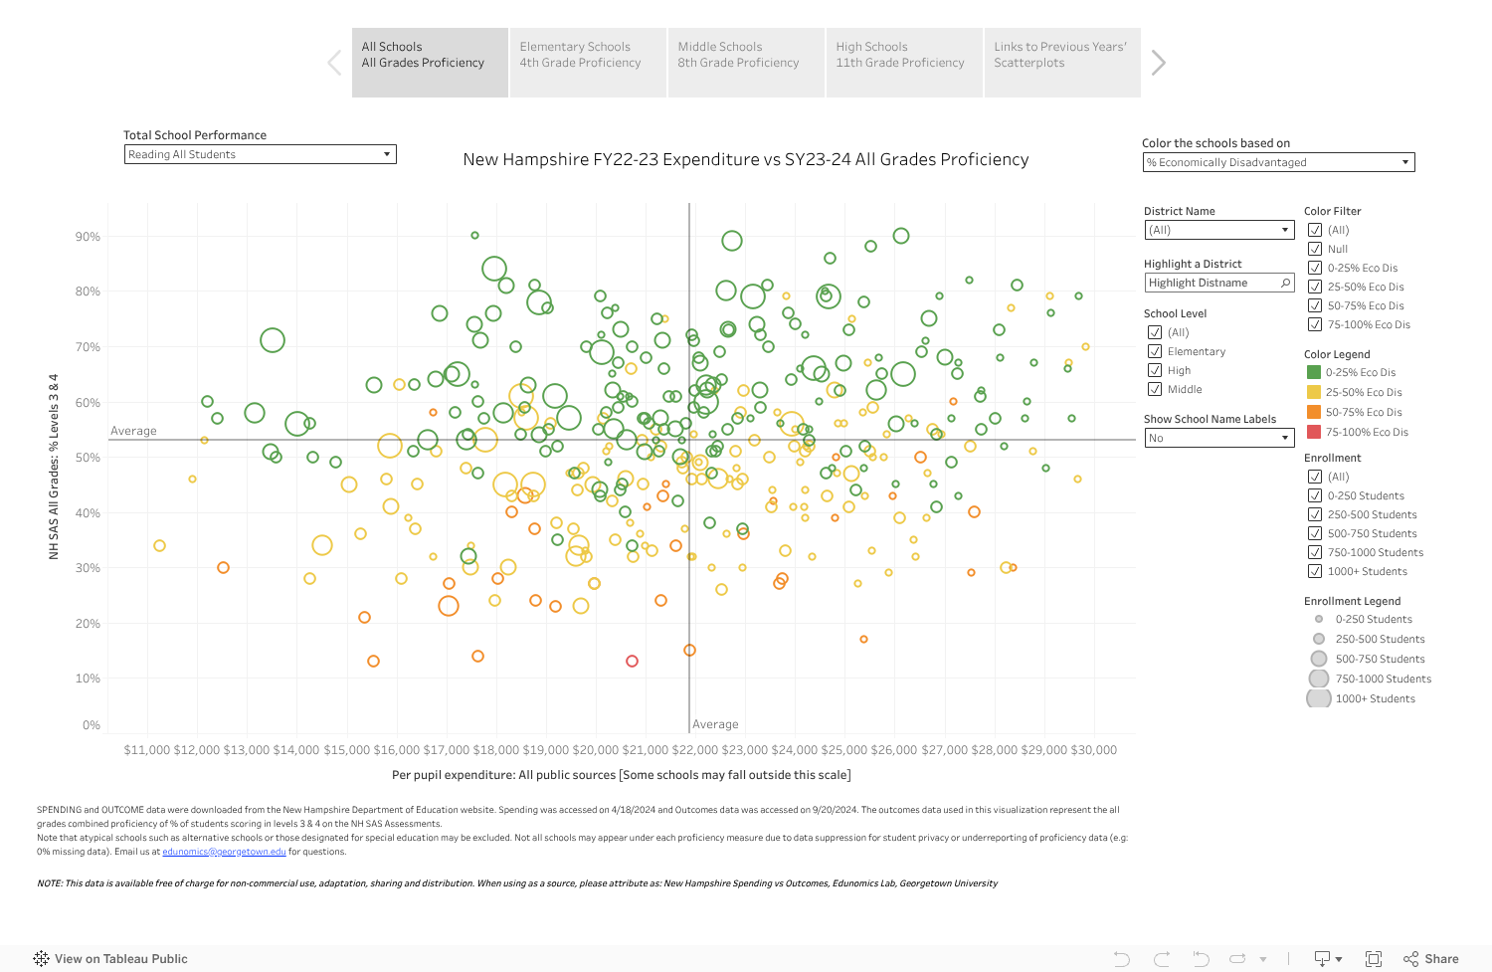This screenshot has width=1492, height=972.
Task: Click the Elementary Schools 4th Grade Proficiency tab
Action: click(x=587, y=63)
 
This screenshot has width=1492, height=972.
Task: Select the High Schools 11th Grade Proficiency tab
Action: click(x=903, y=63)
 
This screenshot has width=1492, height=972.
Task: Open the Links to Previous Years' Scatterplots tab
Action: click(x=1061, y=63)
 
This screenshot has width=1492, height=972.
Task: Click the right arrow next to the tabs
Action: click(x=1158, y=63)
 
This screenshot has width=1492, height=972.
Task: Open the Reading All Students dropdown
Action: click(x=261, y=155)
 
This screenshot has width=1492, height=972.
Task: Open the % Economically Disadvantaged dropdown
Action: click(x=1278, y=163)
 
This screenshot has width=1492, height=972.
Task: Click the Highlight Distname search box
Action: click(x=1218, y=284)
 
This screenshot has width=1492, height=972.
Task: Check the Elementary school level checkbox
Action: click(x=1155, y=351)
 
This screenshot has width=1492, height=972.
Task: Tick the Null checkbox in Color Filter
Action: click(x=1315, y=249)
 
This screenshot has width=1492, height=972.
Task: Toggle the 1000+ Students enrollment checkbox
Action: click(x=1315, y=571)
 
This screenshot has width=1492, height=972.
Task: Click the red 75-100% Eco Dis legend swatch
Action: click(x=1314, y=432)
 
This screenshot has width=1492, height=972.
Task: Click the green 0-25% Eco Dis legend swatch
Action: click(x=1314, y=372)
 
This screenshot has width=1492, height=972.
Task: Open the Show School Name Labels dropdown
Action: click(x=1218, y=439)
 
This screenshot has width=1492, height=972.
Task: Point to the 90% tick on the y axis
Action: click(x=88, y=237)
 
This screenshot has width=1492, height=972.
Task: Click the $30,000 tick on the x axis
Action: click(x=1092, y=750)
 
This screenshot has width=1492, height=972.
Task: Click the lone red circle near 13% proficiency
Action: click(x=632, y=661)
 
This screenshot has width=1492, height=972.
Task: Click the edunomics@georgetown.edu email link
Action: click(x=224, y=852)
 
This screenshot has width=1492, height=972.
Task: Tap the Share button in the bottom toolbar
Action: click(x=1431, y=959)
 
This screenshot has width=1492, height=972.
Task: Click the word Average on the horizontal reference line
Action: click(x=133, y=431)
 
